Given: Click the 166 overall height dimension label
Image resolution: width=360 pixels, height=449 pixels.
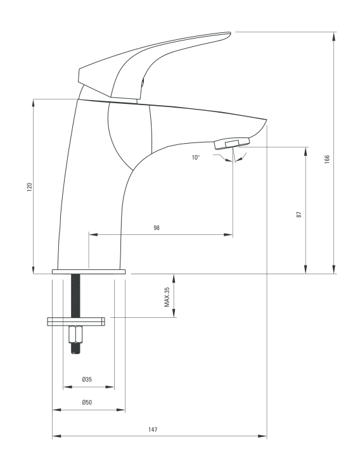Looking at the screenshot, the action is [327, 159].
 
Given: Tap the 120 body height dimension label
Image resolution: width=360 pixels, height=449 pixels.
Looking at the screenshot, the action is [30, 187].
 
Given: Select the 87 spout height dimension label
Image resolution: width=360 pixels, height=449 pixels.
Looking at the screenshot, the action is [299, 215].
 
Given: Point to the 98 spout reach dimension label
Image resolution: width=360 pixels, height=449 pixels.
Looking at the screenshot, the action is [157, 227].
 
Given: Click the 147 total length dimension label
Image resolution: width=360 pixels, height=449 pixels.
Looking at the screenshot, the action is [153, 429].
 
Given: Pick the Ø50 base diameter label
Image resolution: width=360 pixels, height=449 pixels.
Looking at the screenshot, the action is [87, 402].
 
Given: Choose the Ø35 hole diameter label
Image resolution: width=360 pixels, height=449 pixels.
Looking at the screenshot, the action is [87, 379].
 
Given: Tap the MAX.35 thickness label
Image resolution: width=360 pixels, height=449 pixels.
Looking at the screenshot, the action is [167, 297].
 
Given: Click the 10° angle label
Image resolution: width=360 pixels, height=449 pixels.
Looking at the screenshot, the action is [196, 157].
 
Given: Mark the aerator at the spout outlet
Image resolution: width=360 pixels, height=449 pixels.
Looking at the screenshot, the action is [232, 143].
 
